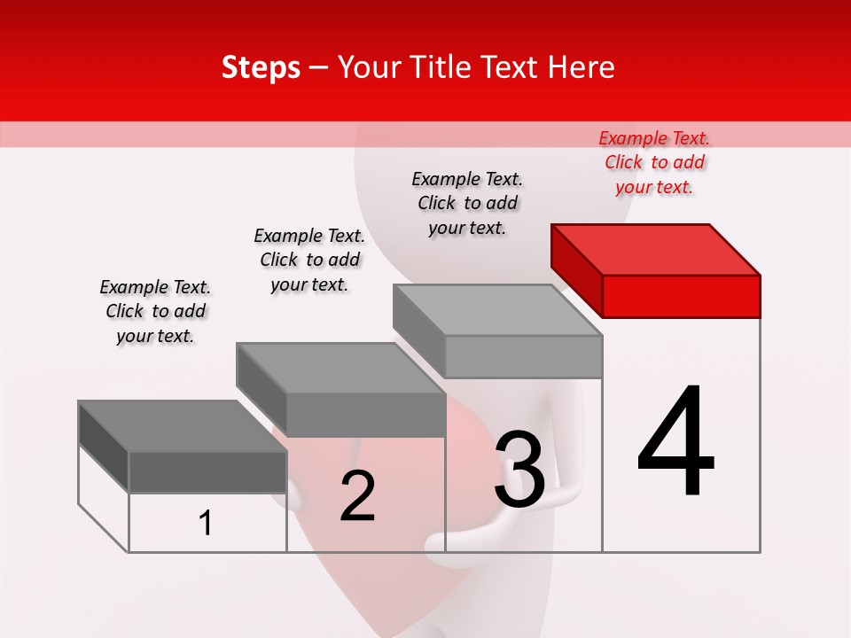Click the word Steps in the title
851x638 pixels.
tap(261, 67)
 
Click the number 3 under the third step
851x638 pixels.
tap(519, 470)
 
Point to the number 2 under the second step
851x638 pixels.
tap(357, 496)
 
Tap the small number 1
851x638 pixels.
tap(206, 524)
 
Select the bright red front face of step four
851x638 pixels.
tap(681, 296)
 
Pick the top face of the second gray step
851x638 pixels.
tap(340, 368)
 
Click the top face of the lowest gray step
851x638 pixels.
tap(183, 425)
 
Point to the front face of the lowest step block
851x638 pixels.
tap(207, 471)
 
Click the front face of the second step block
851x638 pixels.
tap(365, 415)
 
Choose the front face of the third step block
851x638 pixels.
tap(523, 356)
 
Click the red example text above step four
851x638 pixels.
tap(654, 162)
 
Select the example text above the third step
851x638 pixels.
tap(467, 203)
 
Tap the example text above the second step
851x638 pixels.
tap(309, 260)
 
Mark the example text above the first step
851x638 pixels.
tap(155, 311)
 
